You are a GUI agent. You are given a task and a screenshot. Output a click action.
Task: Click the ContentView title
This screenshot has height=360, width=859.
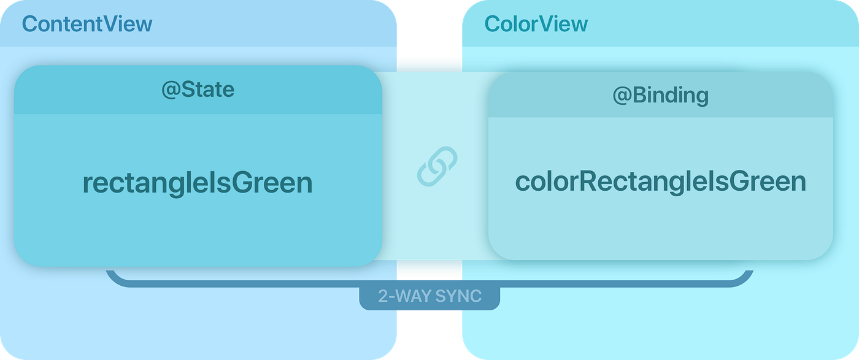coord(87,24)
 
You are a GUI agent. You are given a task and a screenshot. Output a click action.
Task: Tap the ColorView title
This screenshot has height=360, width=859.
coord(536,24)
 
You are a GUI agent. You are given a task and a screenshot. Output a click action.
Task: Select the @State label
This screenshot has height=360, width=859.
coord(198,90)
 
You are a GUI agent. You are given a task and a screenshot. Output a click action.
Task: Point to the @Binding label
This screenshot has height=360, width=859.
coord(660,95)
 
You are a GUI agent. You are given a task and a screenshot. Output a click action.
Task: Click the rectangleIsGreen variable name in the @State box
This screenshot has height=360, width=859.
coord(198,183)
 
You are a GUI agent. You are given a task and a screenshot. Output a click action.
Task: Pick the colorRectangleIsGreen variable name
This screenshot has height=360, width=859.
coord(660,182)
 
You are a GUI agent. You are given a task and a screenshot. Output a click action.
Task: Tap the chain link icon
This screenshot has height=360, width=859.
coord(437,166)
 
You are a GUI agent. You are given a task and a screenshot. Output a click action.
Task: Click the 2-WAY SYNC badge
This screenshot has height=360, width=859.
coord(429,297)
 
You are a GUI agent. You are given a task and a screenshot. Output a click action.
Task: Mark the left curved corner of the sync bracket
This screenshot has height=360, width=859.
coord(114,279)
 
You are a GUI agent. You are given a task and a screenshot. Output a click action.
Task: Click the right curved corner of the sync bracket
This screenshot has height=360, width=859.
coord(745,279)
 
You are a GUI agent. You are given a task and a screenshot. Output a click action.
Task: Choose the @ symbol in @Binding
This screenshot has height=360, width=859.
coord(621,96)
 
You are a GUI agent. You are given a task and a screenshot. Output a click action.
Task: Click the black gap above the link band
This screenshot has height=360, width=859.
coord(429,28)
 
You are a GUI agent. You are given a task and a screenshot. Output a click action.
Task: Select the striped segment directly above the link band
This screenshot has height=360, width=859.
coord(429,64)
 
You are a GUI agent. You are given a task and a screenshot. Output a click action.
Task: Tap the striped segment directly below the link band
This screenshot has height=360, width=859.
coord(429,269)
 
